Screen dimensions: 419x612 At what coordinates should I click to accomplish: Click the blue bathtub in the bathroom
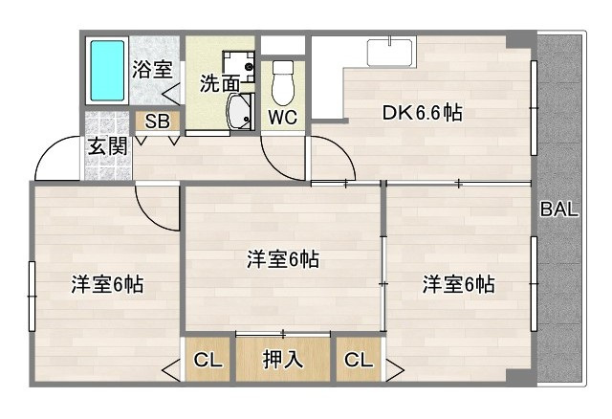(x=108, y=71)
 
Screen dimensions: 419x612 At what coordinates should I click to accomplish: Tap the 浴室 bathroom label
(x=152, y=69)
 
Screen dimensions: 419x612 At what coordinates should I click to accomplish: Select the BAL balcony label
(x=558, y=211)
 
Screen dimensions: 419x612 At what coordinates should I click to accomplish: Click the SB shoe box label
(x=157, y=121)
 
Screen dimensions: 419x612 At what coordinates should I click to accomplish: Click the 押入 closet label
(x=283, y=360)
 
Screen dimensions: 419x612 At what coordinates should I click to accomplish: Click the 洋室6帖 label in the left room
(x=107, y=284)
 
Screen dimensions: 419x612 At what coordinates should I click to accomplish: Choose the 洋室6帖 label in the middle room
(x=282, y=259)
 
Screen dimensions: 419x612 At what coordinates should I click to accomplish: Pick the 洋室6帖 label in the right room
(x=458, y=284)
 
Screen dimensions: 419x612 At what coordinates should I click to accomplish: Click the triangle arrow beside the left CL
(x=173, y=365)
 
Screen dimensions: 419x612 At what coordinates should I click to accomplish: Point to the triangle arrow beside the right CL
(x=393, y=365)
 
